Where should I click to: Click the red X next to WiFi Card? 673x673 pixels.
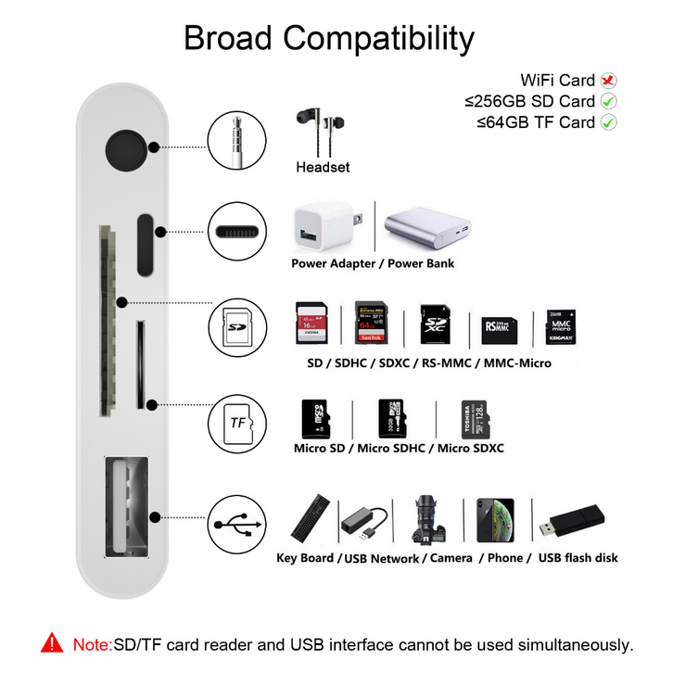click(x=609, y=81)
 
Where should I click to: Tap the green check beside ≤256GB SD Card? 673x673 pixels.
click(x=609, y=101)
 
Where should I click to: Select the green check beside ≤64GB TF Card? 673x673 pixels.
click(x=609, y=122)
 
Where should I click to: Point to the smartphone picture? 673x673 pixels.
click(x=495, y=520)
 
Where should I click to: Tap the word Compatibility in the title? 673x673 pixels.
click(x=378, y=39)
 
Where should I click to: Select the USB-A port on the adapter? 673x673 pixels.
click(x=126, y=505)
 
